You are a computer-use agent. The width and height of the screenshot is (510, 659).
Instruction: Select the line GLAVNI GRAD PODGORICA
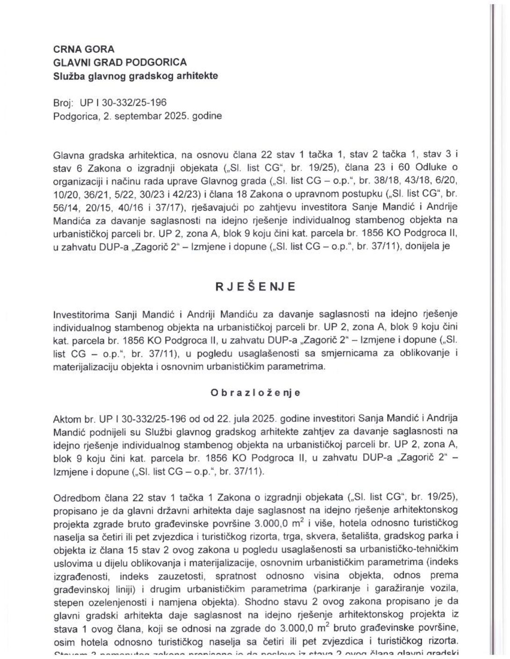120,62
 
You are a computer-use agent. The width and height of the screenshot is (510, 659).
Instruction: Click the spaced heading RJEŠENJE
255,287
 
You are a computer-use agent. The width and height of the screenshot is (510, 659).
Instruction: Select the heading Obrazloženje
255,393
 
